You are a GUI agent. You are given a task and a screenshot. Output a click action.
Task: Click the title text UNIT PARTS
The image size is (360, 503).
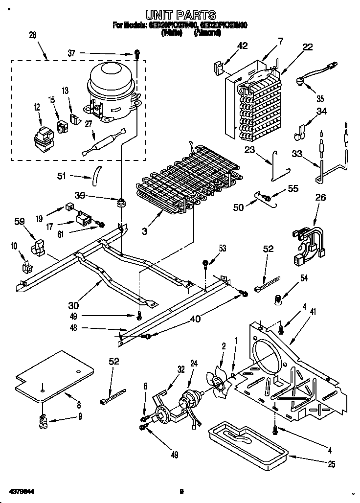pyautogui.click(x=180, y=15)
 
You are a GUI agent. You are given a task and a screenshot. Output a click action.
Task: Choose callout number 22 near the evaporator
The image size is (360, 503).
pyautogui.click(x=307, y=47)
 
